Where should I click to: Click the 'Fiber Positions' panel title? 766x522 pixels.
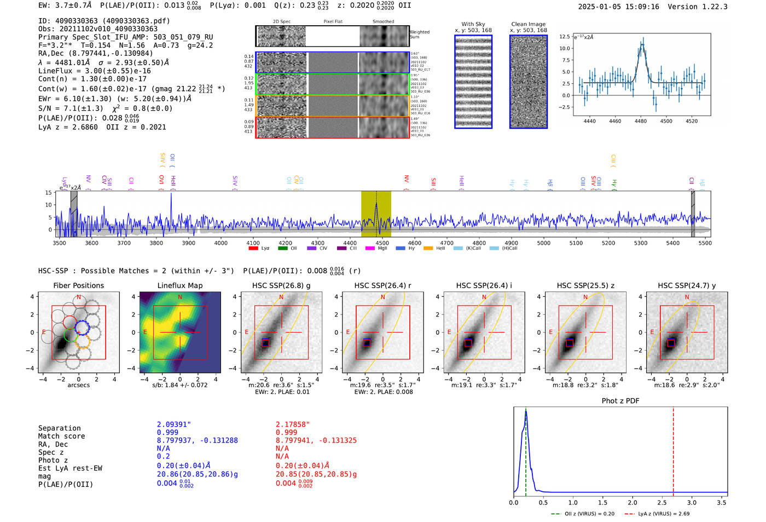tap(78, 285)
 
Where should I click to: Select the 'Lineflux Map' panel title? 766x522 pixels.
tap(179, 285)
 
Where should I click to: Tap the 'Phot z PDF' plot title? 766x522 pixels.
tap(620, 400)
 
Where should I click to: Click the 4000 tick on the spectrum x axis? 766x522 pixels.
tap(221, 243)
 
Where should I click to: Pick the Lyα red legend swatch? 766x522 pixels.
tap(253, 248)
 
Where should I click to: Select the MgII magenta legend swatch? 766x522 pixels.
tap(370, 248)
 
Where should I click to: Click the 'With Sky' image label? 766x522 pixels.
tap(473, 24)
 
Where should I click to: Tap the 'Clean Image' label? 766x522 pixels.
tap(528, 24)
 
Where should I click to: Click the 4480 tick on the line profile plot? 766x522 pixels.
tap(641, 121)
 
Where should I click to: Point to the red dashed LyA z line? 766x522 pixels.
tap(674, 449)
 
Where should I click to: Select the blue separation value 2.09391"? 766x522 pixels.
tap(174, 425)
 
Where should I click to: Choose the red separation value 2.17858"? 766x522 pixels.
tap(293, 425)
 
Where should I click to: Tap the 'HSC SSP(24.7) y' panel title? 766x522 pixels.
tap(687, 285)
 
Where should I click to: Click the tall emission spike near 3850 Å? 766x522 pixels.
tap(171, 205)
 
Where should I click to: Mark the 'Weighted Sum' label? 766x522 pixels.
tap(420, 35)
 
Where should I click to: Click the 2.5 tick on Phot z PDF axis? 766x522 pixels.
tap(663, 502)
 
